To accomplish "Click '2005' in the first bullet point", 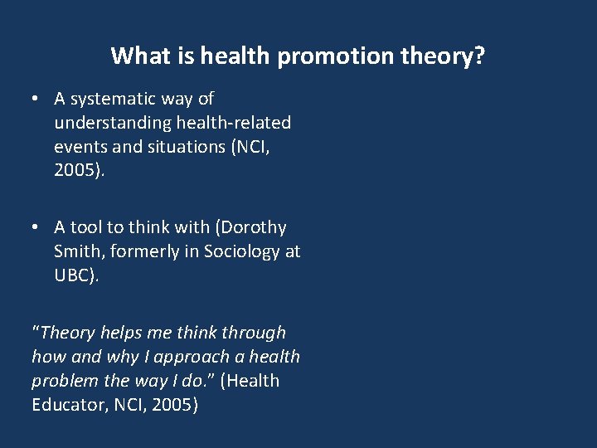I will [75, 172].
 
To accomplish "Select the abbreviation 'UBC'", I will [72, 275].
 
